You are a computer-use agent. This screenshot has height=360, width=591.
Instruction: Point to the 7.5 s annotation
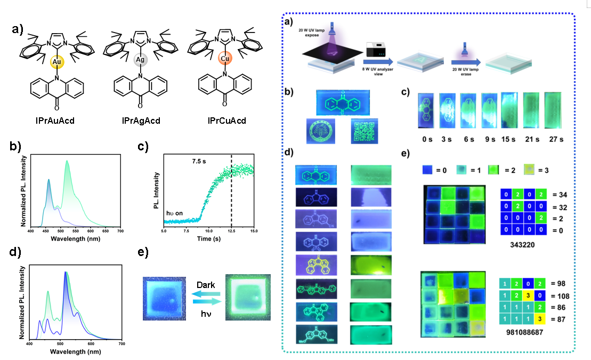click(199, 159)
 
